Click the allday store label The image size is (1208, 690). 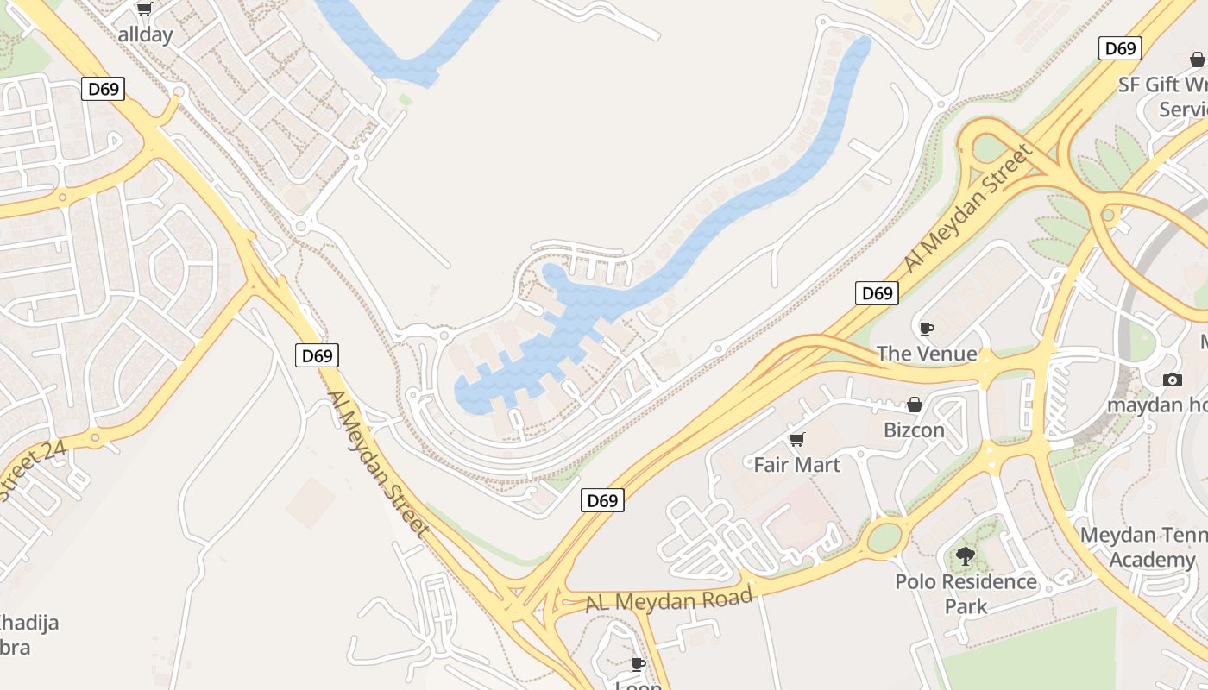pyautogui.click(x=145, y=34)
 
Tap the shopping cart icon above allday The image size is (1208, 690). pyautogui.click(x=144, y=9)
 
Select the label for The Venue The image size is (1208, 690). pyautogui.click(x=927, y=354)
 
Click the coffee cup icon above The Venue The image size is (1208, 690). pyautogui.click(x=927, y=329)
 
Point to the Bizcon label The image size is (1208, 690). pyautogui.click(x=914, y=430)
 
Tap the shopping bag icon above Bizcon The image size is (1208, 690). pyautogui.click(x=914, y=405)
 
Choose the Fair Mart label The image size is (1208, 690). pyautogui.click(x=796, y=465)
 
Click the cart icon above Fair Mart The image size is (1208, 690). pyautogui.click(x=797, y=440)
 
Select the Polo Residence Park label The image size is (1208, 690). pyautogui.click(x=966, y=593)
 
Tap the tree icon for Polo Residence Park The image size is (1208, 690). pyautogui.click(x=966, y=556)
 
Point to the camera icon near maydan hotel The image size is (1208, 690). pyautogui.click(x=1172, y=379)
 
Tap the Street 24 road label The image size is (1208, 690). pyautogui.click(x=33, y=471)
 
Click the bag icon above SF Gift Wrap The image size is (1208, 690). pyautogui.click(x=1197, y=60)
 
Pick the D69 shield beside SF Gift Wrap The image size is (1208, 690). pyautogui.click(x=1120, y=48)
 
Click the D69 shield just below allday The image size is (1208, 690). pyautogui.click(x=103, y=88)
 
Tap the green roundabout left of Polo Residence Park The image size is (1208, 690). pyautogui.click(x=884, y=537)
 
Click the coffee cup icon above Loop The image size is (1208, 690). pyautogui.click(x=638, y=663)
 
